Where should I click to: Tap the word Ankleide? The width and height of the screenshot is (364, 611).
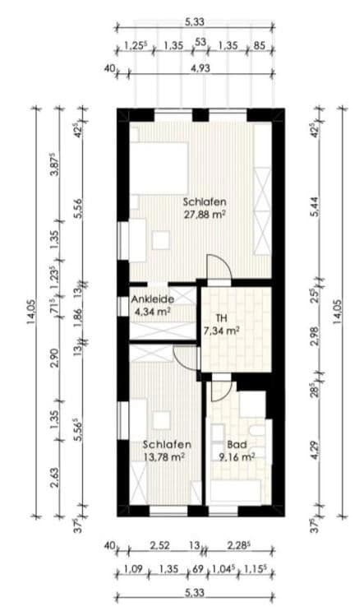pyautogui.click(x=151, y=299)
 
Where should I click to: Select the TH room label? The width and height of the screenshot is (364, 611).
pyautogui.click(x=220, y=317)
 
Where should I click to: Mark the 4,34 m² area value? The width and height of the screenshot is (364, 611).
pyautogui.click(x=151, y=312)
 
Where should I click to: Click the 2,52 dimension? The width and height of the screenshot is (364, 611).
pyautogui.click(x=159, y=545)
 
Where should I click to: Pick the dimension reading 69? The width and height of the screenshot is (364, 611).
pyautogui.click(x=197, y=568)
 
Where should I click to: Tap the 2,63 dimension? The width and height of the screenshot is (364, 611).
pyautogui.click(x=54, y=477)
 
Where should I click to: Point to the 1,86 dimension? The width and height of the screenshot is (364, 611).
pyautogui.click(x=78, y=317)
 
